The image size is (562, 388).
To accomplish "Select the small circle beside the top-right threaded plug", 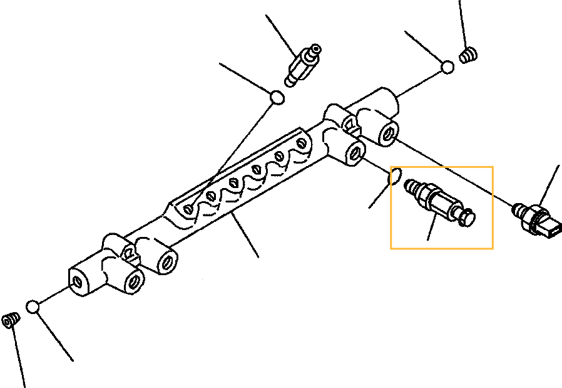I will (447, 67).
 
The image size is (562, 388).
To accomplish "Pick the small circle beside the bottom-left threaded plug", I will (33, 307).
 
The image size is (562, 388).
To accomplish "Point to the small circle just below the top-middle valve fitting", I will (277, 97).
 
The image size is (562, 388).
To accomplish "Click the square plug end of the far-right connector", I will (554, 230).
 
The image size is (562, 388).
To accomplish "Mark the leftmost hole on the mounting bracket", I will (189, 208).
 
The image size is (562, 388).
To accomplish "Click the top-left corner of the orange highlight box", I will (391, 167).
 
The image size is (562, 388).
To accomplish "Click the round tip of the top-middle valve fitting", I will (316, 48).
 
